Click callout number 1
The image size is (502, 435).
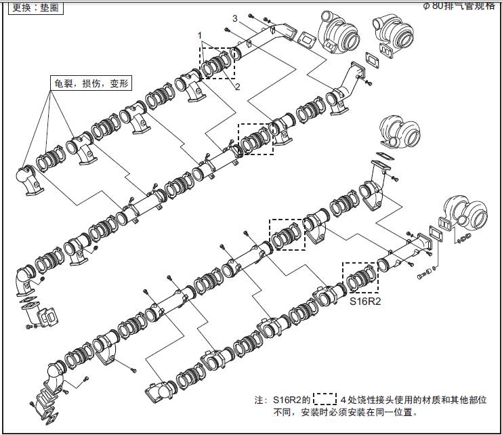click(200, 35)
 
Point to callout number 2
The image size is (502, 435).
click(238, 87)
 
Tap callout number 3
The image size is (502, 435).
click(234, 18)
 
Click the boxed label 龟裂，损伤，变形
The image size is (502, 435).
click(91, 84)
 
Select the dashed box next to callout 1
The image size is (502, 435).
click(217, 63)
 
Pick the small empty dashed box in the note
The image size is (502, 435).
click(327, 399)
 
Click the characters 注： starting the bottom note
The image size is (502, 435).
click(260, 400)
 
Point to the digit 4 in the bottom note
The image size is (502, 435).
click(343, 400)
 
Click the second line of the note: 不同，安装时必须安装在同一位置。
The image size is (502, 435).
click(344, 412)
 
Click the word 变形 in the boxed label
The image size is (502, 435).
click(118, 84)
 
